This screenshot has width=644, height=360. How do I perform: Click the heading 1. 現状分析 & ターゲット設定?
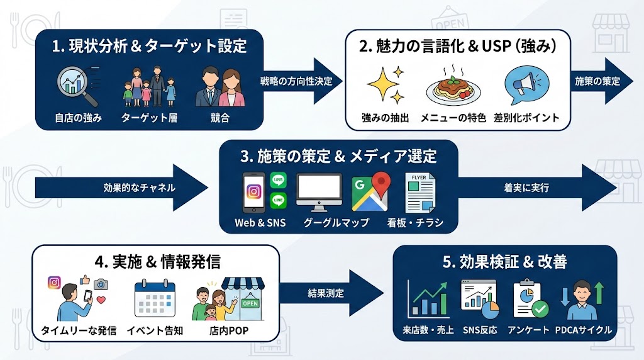coord(148,46)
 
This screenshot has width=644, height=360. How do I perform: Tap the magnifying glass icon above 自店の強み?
coord(77,87)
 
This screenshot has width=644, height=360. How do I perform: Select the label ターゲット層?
coord(148,118)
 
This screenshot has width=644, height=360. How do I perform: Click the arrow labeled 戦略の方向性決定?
coord(301,81)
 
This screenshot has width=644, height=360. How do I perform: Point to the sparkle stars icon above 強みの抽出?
coord(386,87)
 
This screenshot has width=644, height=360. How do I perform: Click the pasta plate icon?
coord(453,88)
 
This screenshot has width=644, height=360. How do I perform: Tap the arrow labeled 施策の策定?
coord(596,81)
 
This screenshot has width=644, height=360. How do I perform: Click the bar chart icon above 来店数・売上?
coord(428,299)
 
